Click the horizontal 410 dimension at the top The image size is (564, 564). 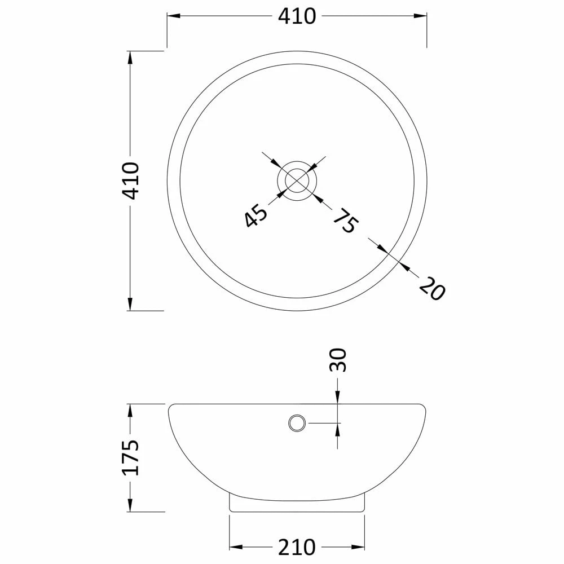(x=297, y=16)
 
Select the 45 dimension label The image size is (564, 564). (x=256, y=215)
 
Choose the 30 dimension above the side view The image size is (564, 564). (x=337, y=360)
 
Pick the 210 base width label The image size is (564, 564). (x=297, y=548)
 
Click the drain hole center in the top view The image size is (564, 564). (x=297, y=180)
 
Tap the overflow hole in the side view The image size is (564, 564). (x=297, y=422)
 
